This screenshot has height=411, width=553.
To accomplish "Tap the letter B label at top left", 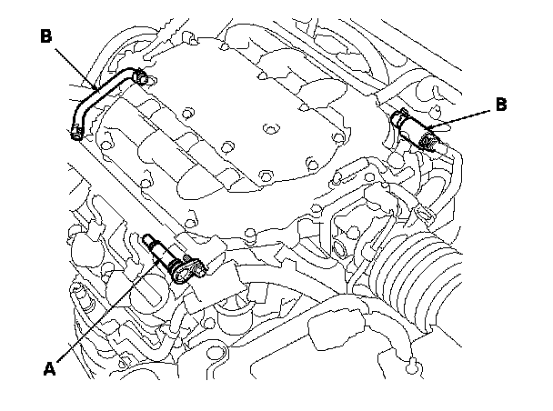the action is [46, 37].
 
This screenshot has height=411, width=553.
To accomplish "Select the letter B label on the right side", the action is [500, 105].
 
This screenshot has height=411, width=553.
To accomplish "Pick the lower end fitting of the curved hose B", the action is [75, 135].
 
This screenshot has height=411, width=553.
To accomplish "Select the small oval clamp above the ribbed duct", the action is [424, 214].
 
